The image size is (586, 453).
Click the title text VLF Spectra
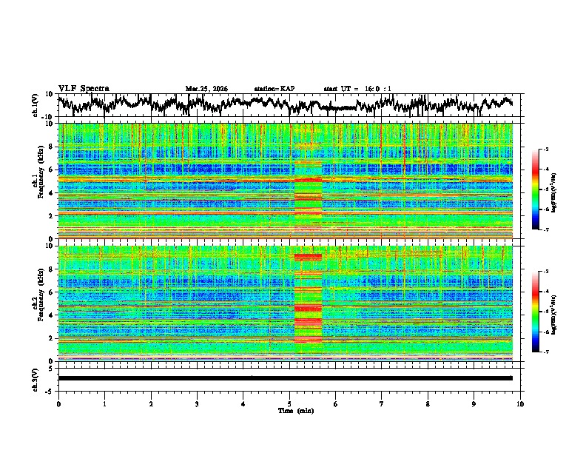(84, 88)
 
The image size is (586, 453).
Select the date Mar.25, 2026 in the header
(206, 89)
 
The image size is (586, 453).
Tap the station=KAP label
(274, 89)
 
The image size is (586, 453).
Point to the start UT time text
(357, 89)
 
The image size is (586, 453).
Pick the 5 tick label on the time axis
(289, 403)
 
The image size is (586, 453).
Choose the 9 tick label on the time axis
(474, 403)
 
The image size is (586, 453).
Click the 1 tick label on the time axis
(104, 403)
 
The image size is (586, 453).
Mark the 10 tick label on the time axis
(520, 403)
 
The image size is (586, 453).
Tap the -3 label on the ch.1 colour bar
(545, 150)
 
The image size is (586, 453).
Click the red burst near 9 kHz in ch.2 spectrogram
(308, 256)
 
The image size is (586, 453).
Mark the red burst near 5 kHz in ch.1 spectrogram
(308, 179)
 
